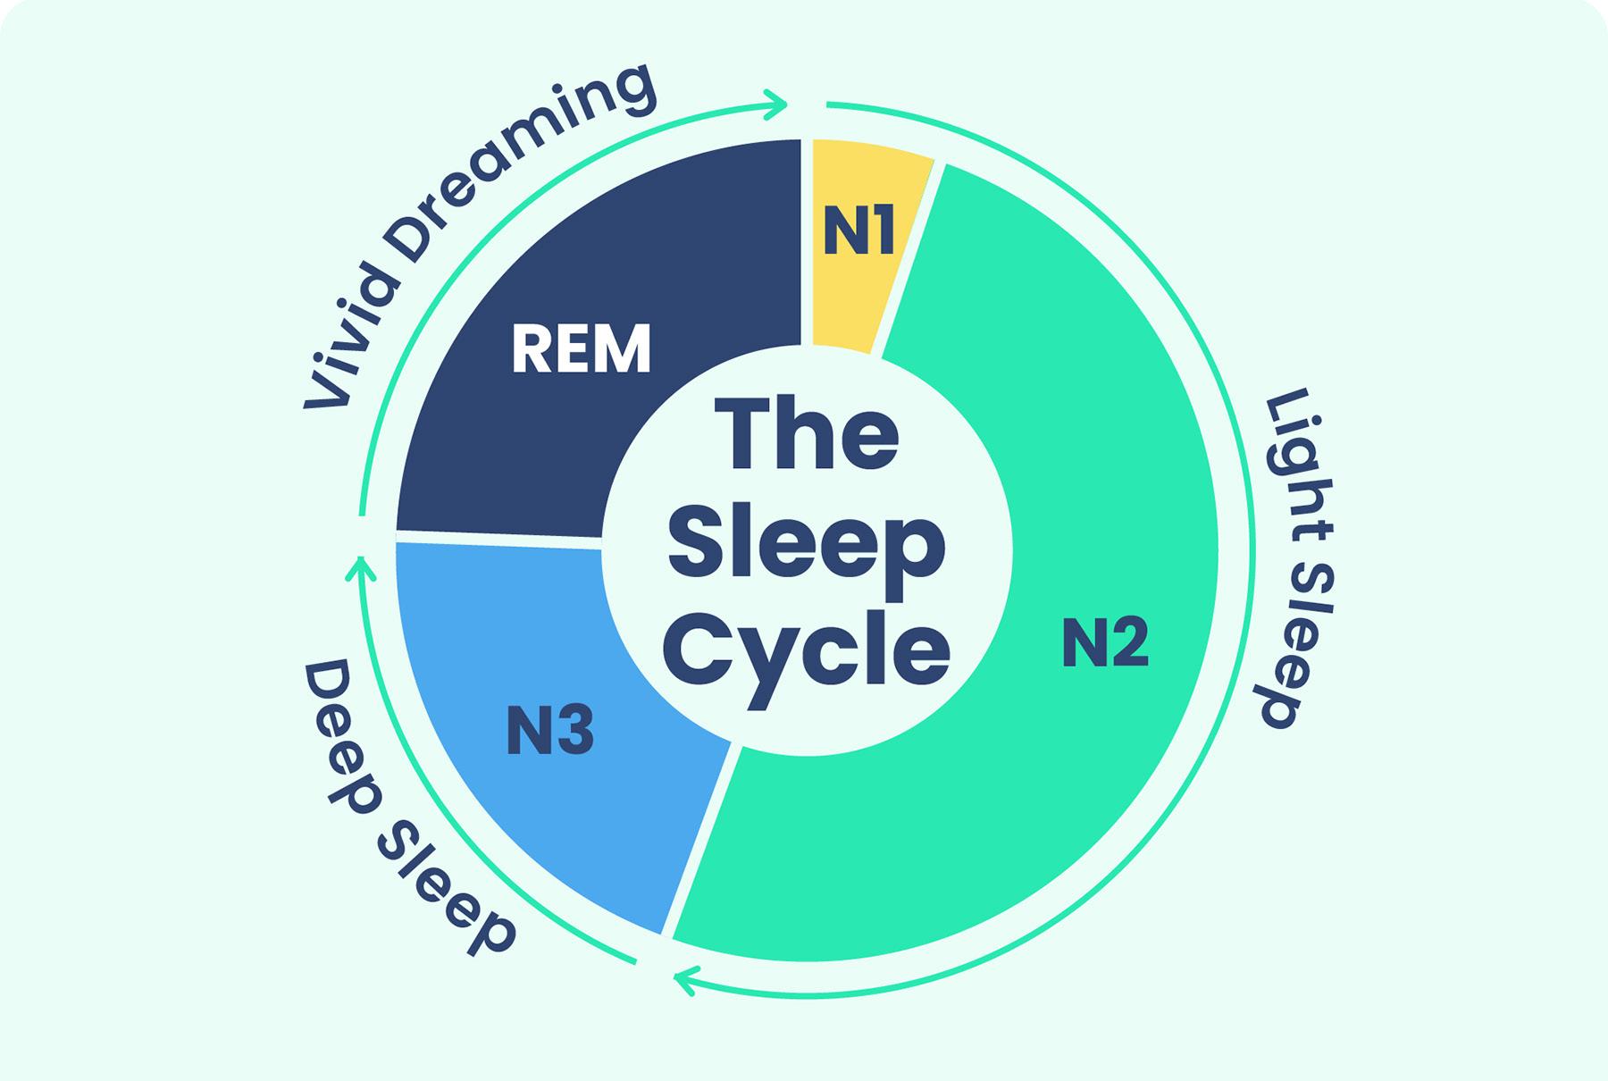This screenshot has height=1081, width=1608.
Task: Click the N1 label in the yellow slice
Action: pos(858,231)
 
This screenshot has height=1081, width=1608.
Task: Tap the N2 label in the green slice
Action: pos(1105,641)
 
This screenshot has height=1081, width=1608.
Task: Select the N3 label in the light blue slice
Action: pos(550,730)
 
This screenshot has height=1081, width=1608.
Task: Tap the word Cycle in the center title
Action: pos(809,649)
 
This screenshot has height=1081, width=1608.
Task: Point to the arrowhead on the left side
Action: pos(360,568)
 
